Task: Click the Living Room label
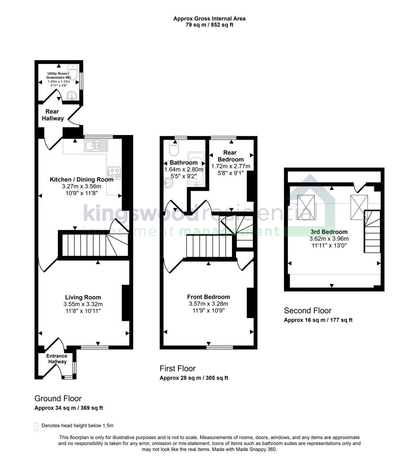(83, 297)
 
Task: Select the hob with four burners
(114, 172)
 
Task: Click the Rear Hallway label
(53, 115)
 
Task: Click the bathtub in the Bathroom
(197, 169)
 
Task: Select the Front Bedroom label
(208, 297)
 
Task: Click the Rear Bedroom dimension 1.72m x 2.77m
(230, 166)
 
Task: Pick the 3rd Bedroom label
(329, 232)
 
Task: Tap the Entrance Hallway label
(57, 359)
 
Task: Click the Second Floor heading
(307, 310)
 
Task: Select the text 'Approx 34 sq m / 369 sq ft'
(69, 408)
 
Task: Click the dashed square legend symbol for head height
(36, 426)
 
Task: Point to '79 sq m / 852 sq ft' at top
(209, 25)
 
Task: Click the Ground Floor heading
(58, 399)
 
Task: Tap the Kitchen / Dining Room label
(81, 179)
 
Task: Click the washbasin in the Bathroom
(168, 183)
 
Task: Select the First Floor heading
(178, 368)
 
